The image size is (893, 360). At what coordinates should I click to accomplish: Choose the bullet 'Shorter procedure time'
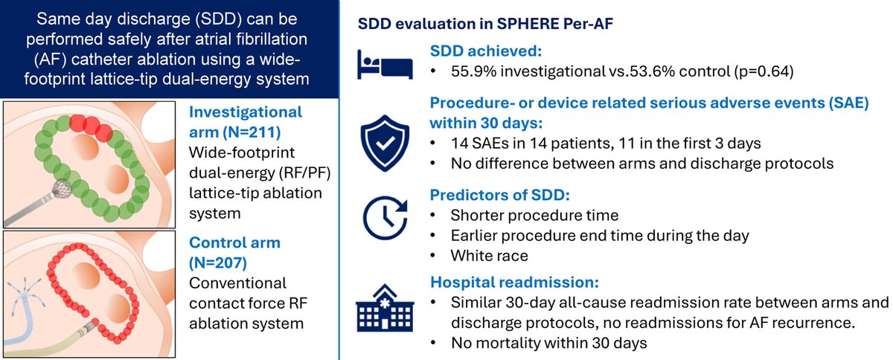click(x=524, y=215)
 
